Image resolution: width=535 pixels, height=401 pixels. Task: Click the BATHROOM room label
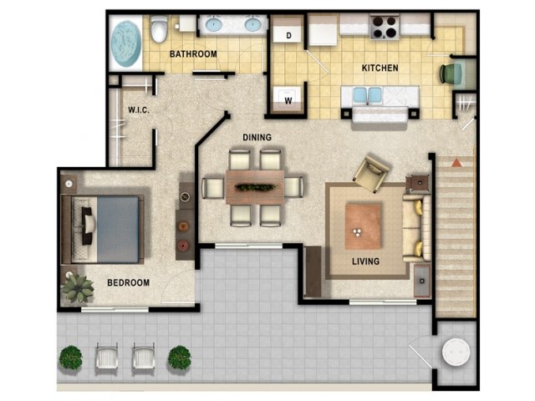(193, 54)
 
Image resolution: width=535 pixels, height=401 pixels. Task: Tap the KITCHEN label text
(380, 69)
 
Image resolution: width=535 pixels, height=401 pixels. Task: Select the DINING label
(257, 137)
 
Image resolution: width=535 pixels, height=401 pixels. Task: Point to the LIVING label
(366, 261)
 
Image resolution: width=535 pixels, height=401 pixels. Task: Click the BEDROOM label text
(128, 282)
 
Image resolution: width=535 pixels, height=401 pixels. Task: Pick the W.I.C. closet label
(139, 109)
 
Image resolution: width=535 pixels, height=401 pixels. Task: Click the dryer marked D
(288, 29)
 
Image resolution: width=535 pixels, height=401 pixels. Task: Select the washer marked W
(288, 99)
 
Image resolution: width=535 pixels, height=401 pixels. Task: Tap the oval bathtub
(126, 44)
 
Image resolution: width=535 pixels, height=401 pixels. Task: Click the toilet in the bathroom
(159, 28)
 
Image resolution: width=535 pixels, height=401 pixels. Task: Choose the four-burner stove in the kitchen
(385, 27)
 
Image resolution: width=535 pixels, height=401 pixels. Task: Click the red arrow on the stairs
(456, 162)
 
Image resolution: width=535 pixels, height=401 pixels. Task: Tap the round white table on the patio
(456, 353)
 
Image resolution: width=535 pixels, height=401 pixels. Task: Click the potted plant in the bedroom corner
(78, 288)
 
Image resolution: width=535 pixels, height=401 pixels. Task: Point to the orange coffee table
(363, 226)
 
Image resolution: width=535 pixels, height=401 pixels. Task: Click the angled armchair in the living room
(371, 174)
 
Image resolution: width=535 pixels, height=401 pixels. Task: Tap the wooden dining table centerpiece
(255, 187)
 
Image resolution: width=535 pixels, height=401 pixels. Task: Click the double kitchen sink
(368, 95)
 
